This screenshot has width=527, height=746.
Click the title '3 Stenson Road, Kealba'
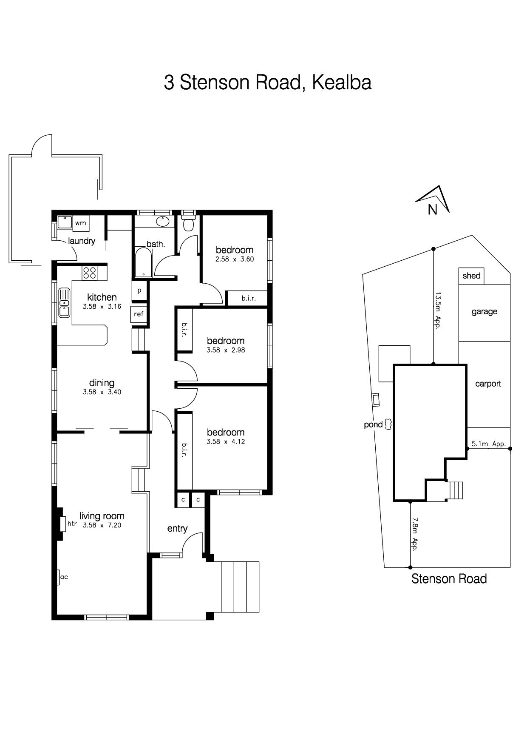(268, 82)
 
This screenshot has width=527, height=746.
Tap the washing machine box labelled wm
(81, 223)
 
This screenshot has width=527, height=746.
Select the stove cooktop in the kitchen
(90, 273)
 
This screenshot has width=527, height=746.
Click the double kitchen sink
(64, 302)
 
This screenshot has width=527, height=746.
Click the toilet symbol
(188, 222)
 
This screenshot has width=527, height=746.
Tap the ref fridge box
(139, 314)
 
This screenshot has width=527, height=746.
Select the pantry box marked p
(139, 291)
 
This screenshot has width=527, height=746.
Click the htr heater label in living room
(72, 524)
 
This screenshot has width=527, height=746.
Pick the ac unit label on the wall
(64, 577)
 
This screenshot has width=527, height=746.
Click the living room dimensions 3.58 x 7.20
(102, 525)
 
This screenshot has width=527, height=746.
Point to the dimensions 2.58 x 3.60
(235, 259)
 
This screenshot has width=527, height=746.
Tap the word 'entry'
(177, 528)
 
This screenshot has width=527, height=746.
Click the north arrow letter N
(433, 210)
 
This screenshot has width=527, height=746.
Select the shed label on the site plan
(471, 276)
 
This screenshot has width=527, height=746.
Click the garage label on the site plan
(484, 312)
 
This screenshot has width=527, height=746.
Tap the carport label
(488, 384)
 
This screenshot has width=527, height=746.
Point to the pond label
(373, 424)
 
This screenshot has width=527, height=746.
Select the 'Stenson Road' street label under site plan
(449, 578)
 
